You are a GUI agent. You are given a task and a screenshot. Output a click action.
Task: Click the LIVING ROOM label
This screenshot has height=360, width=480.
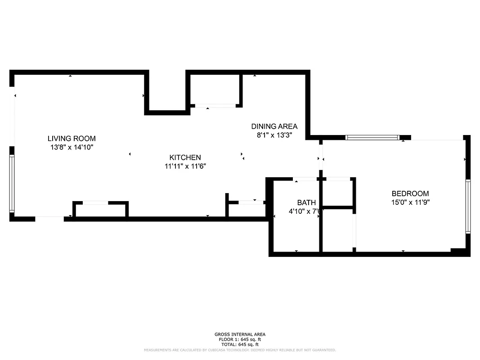click(x=72, y=139)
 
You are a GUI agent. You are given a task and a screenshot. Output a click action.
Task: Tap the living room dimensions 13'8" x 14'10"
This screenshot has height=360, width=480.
click(x=72, y=147)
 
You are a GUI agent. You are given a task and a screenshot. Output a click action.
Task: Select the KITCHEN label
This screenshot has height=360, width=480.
click(x=185, y=157)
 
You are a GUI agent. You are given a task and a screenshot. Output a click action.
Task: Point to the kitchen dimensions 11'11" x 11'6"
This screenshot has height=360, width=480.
click(x=185, y=166)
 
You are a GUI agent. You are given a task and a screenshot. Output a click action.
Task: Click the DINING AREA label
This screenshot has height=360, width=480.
click(x=274, y=126)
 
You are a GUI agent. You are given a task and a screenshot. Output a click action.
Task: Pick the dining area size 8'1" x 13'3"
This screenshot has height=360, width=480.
click(x=274, y=135)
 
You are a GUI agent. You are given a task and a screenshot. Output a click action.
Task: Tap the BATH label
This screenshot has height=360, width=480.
click(x=306, y=202)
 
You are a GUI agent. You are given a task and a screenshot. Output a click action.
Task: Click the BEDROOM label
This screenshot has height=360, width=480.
click(x=410, y=193)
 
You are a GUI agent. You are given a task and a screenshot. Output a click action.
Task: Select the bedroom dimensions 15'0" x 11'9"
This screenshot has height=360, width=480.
click(x=410, y=202)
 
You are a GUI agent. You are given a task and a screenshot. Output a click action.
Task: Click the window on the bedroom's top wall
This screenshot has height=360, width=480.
click(x=372, y=138)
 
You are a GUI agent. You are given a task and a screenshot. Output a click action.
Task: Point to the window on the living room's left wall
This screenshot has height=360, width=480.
click(x=12, y=183)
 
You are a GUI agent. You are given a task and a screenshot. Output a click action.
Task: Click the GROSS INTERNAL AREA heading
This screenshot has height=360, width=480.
click(x=240, y=334)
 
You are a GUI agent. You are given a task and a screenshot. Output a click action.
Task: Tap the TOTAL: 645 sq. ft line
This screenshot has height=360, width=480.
click(x=240, y=344)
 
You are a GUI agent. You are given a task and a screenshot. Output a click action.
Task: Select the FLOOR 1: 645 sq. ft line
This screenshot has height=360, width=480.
click(x=240, y=339)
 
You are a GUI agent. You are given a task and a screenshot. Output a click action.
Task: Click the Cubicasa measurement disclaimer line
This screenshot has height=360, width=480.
click(x=240, y=350)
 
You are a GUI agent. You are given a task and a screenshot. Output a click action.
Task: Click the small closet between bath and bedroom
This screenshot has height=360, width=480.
click(x=337, y=193)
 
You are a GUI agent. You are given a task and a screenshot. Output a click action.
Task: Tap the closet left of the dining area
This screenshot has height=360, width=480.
click(x=215, y=90)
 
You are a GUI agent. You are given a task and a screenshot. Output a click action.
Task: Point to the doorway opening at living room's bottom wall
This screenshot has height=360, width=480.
click(x=49, y=219)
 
